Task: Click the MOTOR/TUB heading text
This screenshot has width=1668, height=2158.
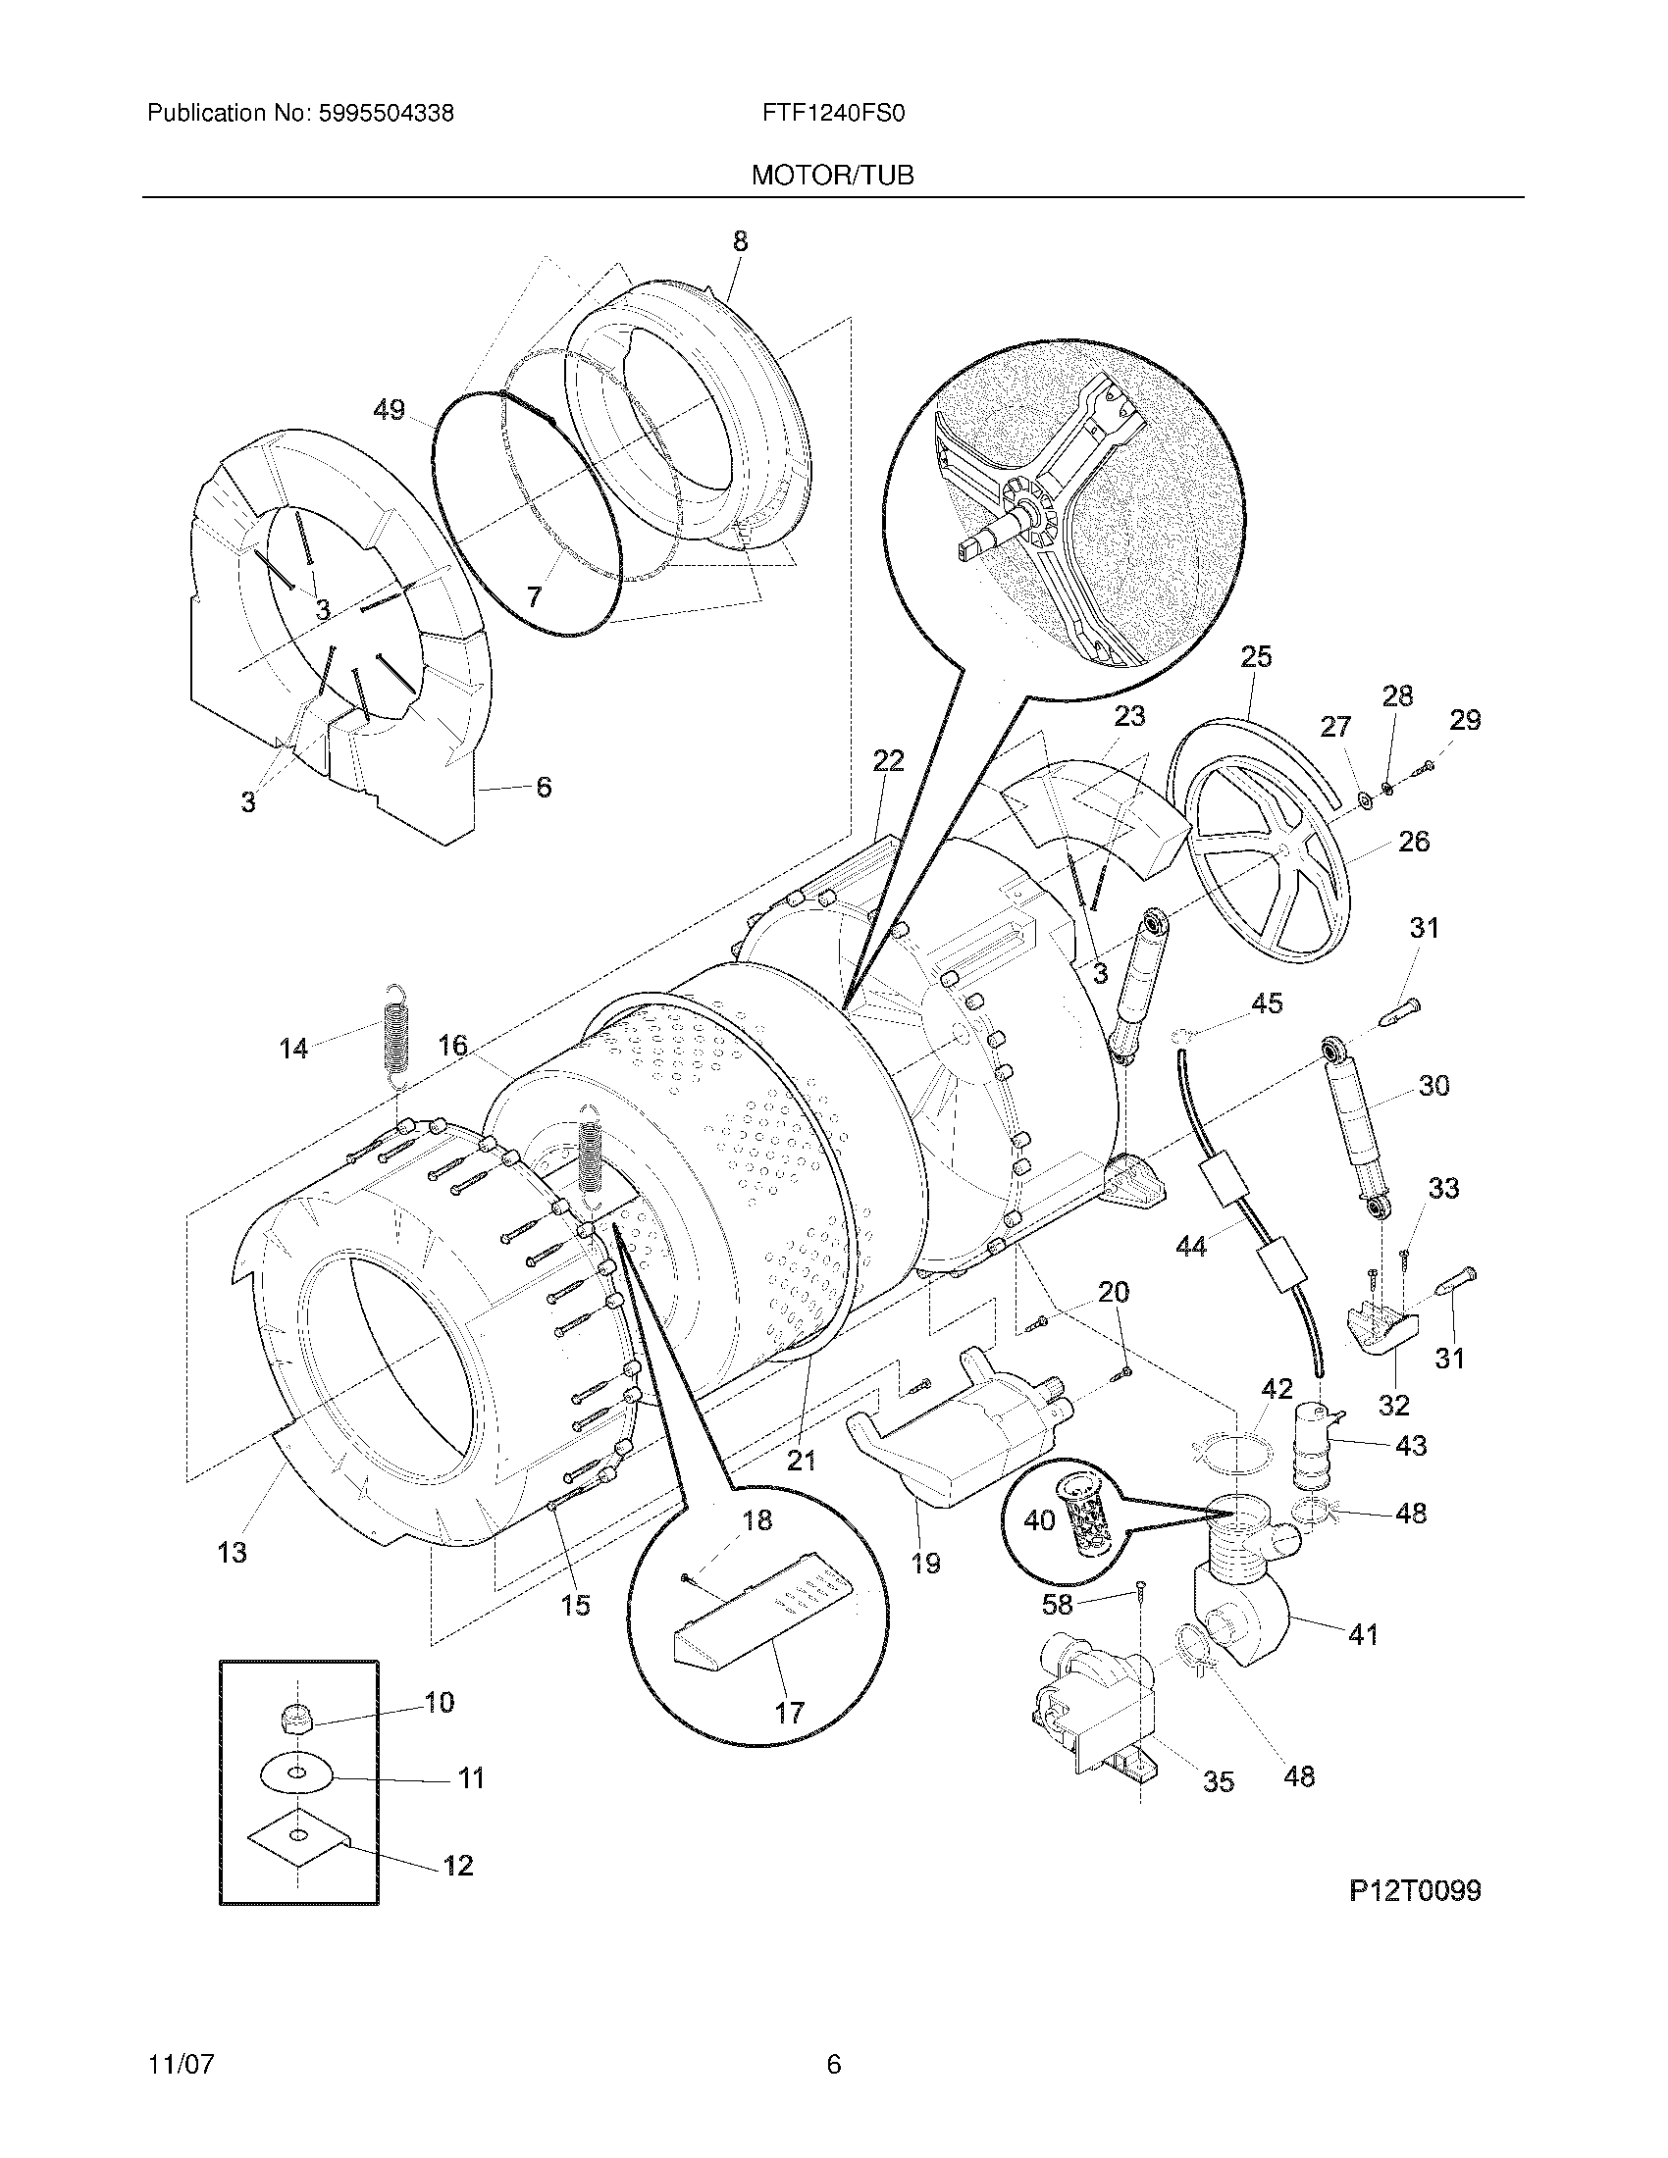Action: (x=832, y=176)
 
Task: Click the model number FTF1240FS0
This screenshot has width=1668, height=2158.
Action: (x=833, y=114)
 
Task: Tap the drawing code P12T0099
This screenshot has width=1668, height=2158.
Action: (x=1414, y=1890)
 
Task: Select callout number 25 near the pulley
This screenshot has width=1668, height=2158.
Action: (x=1256, y=657)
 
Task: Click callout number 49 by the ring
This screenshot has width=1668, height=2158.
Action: (x=390, y=409)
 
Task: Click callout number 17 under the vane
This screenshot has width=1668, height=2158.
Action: (x=790, y=1712)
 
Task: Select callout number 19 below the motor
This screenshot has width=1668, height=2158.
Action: (x=925, y=1564)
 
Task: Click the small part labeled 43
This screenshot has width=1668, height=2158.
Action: (x=1314, y=1444)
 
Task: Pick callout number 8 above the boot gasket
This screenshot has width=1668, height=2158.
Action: (x=740, y=242)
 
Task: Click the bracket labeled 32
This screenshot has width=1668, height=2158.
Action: (x=1378, y=1330)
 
